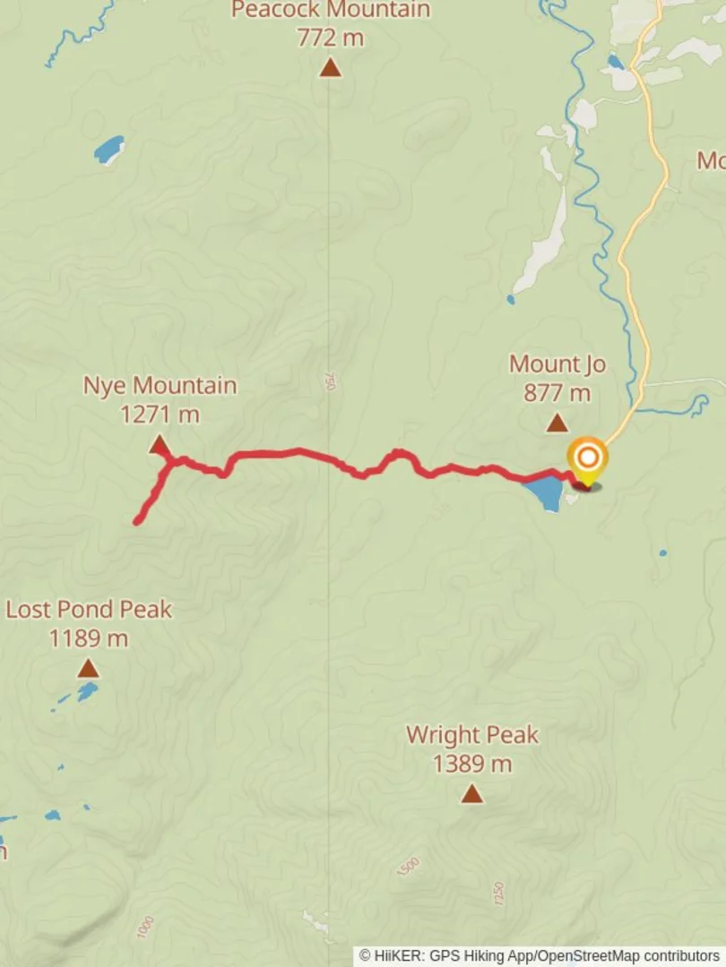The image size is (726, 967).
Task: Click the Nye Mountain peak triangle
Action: [160, 445]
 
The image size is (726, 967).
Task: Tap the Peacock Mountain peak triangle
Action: [331, 67]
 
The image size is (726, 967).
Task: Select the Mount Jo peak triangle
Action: [557, 423]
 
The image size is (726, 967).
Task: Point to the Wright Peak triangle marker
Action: [471, 793]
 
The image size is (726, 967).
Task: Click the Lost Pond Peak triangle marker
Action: [88, 668]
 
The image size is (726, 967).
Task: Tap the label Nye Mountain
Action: [160, 386]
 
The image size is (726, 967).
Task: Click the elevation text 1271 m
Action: [160, 415]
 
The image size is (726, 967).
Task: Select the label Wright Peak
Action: [472, 735]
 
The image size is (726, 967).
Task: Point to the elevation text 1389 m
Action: [471, 764]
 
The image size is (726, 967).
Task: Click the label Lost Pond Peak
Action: [89, 610]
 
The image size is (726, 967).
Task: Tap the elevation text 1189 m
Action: [88, 638]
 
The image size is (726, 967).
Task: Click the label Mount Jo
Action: [557, 364]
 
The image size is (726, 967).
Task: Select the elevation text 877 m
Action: [557, 392]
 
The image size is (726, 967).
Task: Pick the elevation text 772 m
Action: [331, 38]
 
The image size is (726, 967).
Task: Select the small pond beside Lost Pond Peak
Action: [87, 691]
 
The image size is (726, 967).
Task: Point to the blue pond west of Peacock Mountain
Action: [109, 150]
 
